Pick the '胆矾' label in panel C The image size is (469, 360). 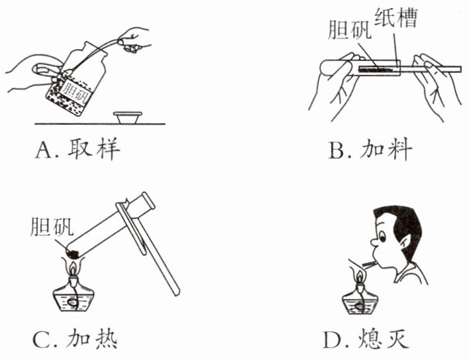[48, 227]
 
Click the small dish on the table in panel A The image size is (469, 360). [129, 117]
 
